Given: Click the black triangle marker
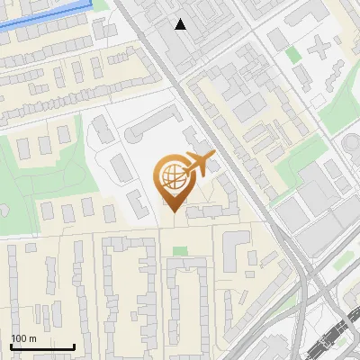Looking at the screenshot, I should pos(181,24).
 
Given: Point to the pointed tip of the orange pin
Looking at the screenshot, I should pos(172,211).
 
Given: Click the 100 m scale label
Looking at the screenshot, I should pos(23,338).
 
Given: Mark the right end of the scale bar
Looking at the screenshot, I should pos(75,346).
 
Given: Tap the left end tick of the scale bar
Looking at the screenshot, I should pos(11,346).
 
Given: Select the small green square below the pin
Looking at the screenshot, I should pos(181,251).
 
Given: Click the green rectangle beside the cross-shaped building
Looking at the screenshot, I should pos(293,54).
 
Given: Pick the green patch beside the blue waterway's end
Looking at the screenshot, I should pos(102,4).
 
